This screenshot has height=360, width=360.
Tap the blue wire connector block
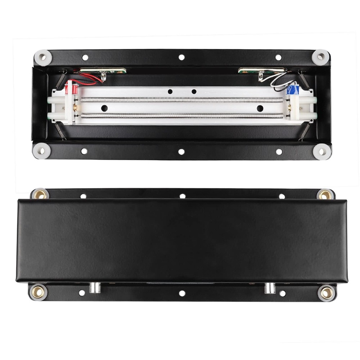(x=292, y=90)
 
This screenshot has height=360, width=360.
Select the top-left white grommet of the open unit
(x=43, y=57)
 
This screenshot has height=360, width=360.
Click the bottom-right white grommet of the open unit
(x=322, y=152)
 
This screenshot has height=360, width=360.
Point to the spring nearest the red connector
(x=62, y=79)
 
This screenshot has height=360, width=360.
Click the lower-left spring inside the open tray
(x=61, y=131)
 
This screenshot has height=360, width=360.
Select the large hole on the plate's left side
(x=104, y=108)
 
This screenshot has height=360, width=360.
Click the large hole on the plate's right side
(x=260, y=108)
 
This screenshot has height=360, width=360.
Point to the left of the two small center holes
(x=170, y=91)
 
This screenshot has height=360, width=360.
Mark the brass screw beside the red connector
(x=75, y=107)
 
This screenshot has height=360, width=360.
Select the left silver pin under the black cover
(x=95, y=288)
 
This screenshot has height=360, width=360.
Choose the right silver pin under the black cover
(x=270, y=288)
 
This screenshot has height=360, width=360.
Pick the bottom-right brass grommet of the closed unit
(x=327, y=292)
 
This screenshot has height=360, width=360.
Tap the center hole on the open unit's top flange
(x=181, y=57)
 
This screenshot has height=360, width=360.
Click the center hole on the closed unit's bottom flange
(x=182, y=293)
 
